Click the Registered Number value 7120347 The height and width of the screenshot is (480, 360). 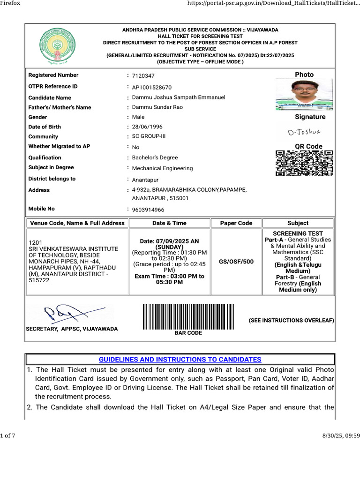[x=143, y=76]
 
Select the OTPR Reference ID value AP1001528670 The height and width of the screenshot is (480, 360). [x=152, y=88]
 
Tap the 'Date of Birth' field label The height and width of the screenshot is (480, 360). [x=45, y=127]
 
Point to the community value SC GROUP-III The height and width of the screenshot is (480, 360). [x=150, y=137]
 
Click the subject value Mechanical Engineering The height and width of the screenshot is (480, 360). [x=162, y=168]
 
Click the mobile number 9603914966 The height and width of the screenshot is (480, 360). [x=148, y=210]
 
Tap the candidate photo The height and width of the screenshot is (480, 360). [x=304, y=95]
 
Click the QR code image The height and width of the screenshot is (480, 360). [x=304, y=163]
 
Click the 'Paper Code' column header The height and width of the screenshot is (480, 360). [x=236, y=223]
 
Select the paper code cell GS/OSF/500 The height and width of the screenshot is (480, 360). [x=236, y=262]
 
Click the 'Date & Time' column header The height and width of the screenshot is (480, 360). [x=169, y=223]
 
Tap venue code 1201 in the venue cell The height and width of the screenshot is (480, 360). [x=36, y=242]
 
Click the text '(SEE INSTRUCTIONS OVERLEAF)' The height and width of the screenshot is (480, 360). [x=291, y=321]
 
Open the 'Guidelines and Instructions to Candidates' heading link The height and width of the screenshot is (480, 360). [x=180, y=360]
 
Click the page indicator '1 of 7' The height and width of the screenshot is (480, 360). [x=8, y=436]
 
